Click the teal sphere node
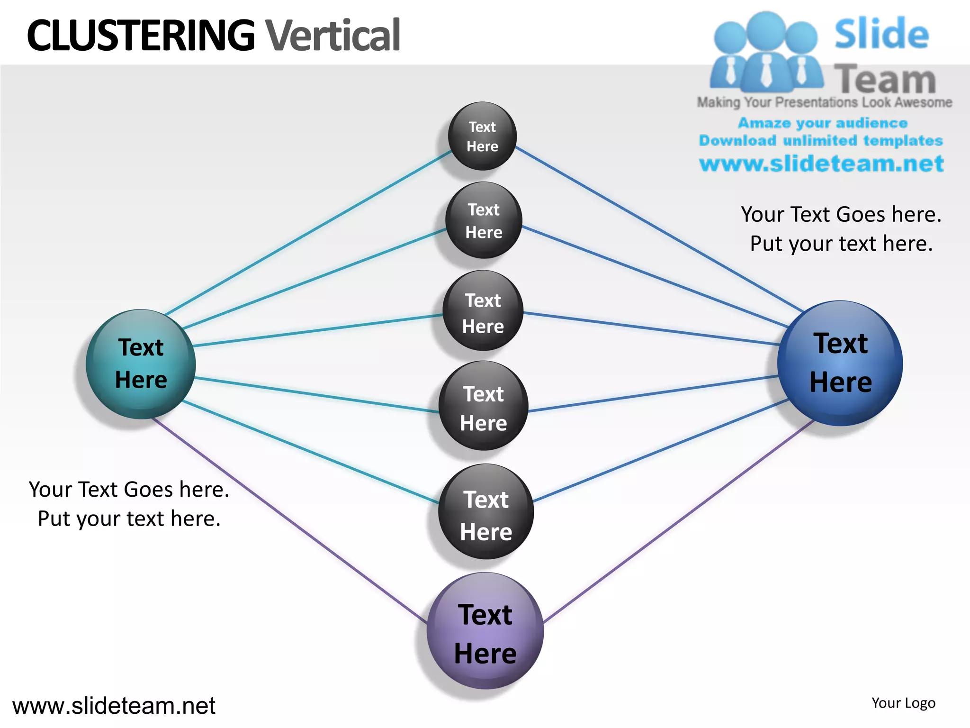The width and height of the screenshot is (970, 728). [x=141, y=364]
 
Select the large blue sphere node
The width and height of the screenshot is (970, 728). [x=840, y=363]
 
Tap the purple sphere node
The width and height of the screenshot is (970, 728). [x=485, y=631]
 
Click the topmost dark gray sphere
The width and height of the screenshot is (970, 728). [x=482, y=136]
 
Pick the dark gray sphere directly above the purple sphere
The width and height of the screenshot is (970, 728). [x=486, y=512]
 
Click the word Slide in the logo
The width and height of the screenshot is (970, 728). [x=881, y=34]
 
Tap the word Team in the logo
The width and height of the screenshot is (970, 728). [x=885, y=79]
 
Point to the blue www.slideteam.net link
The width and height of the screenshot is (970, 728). [x=821, y=164]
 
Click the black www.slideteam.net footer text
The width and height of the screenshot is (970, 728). [x=114, y=706]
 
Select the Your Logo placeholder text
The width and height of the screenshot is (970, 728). [x=903, y=703]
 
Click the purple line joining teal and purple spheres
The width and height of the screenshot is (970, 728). [x=289, y=519]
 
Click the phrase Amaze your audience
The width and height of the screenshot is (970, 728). [x=823, y=123]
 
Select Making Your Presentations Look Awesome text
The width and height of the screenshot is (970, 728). [x=824, y=102]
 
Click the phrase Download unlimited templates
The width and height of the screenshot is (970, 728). [x=821, y=141]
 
